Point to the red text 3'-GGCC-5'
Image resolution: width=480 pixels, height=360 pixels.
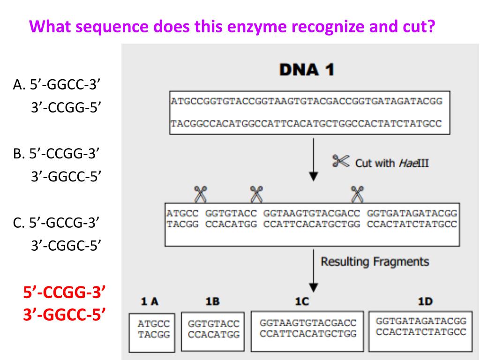(64, 314)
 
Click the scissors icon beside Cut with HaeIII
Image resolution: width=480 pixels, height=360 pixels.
(341, 162)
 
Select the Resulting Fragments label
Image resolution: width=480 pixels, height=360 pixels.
(374, 261)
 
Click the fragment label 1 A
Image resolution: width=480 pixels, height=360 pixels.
(150, 302)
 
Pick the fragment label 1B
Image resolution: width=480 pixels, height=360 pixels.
(213, 302)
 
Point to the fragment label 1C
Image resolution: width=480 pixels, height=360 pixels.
(301, 302)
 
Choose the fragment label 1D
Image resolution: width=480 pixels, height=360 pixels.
(425, 302)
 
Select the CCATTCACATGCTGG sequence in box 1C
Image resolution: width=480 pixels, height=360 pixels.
(308, 334)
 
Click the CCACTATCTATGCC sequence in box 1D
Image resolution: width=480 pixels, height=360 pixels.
(420, 331)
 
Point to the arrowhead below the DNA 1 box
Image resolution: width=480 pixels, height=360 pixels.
(314, 177)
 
